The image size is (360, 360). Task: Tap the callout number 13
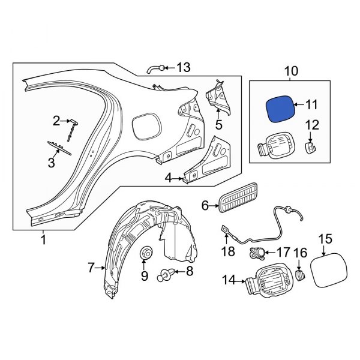coord(183,68)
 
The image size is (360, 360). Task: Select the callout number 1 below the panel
coord(43,241)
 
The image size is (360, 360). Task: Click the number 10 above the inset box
coord(290,73)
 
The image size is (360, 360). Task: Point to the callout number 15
coord(324,239)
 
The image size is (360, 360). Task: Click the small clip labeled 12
coord(311,147)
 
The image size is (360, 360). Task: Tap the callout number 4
coord(169,177)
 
